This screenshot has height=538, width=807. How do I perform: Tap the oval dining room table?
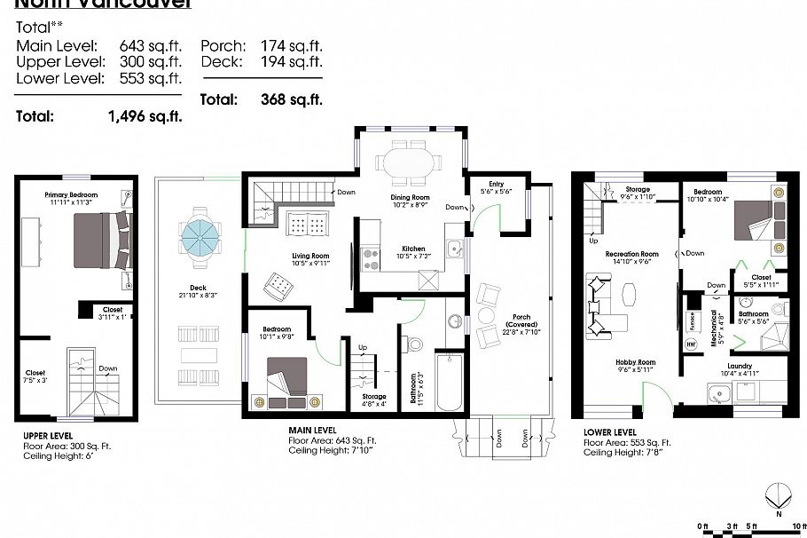pyautogui.click(x=409, y=164)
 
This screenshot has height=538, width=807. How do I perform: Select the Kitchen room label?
pyautogui.click(x=413, y=249)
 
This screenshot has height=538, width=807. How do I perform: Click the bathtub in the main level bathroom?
pyautogui.click(x=451, y=383)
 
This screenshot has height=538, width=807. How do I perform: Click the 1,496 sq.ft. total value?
pyautogui.click(x=145, y=115)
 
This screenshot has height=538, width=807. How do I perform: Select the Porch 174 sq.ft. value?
pyautogui.click(x=291, y=45)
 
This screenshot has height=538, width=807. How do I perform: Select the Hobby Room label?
pyautogui.click(x=636, y=362)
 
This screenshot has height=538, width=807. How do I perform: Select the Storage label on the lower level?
pyautogui.click(x=637, y=189)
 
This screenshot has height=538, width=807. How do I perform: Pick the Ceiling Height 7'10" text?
pyautogui.click(x=330, y=450)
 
